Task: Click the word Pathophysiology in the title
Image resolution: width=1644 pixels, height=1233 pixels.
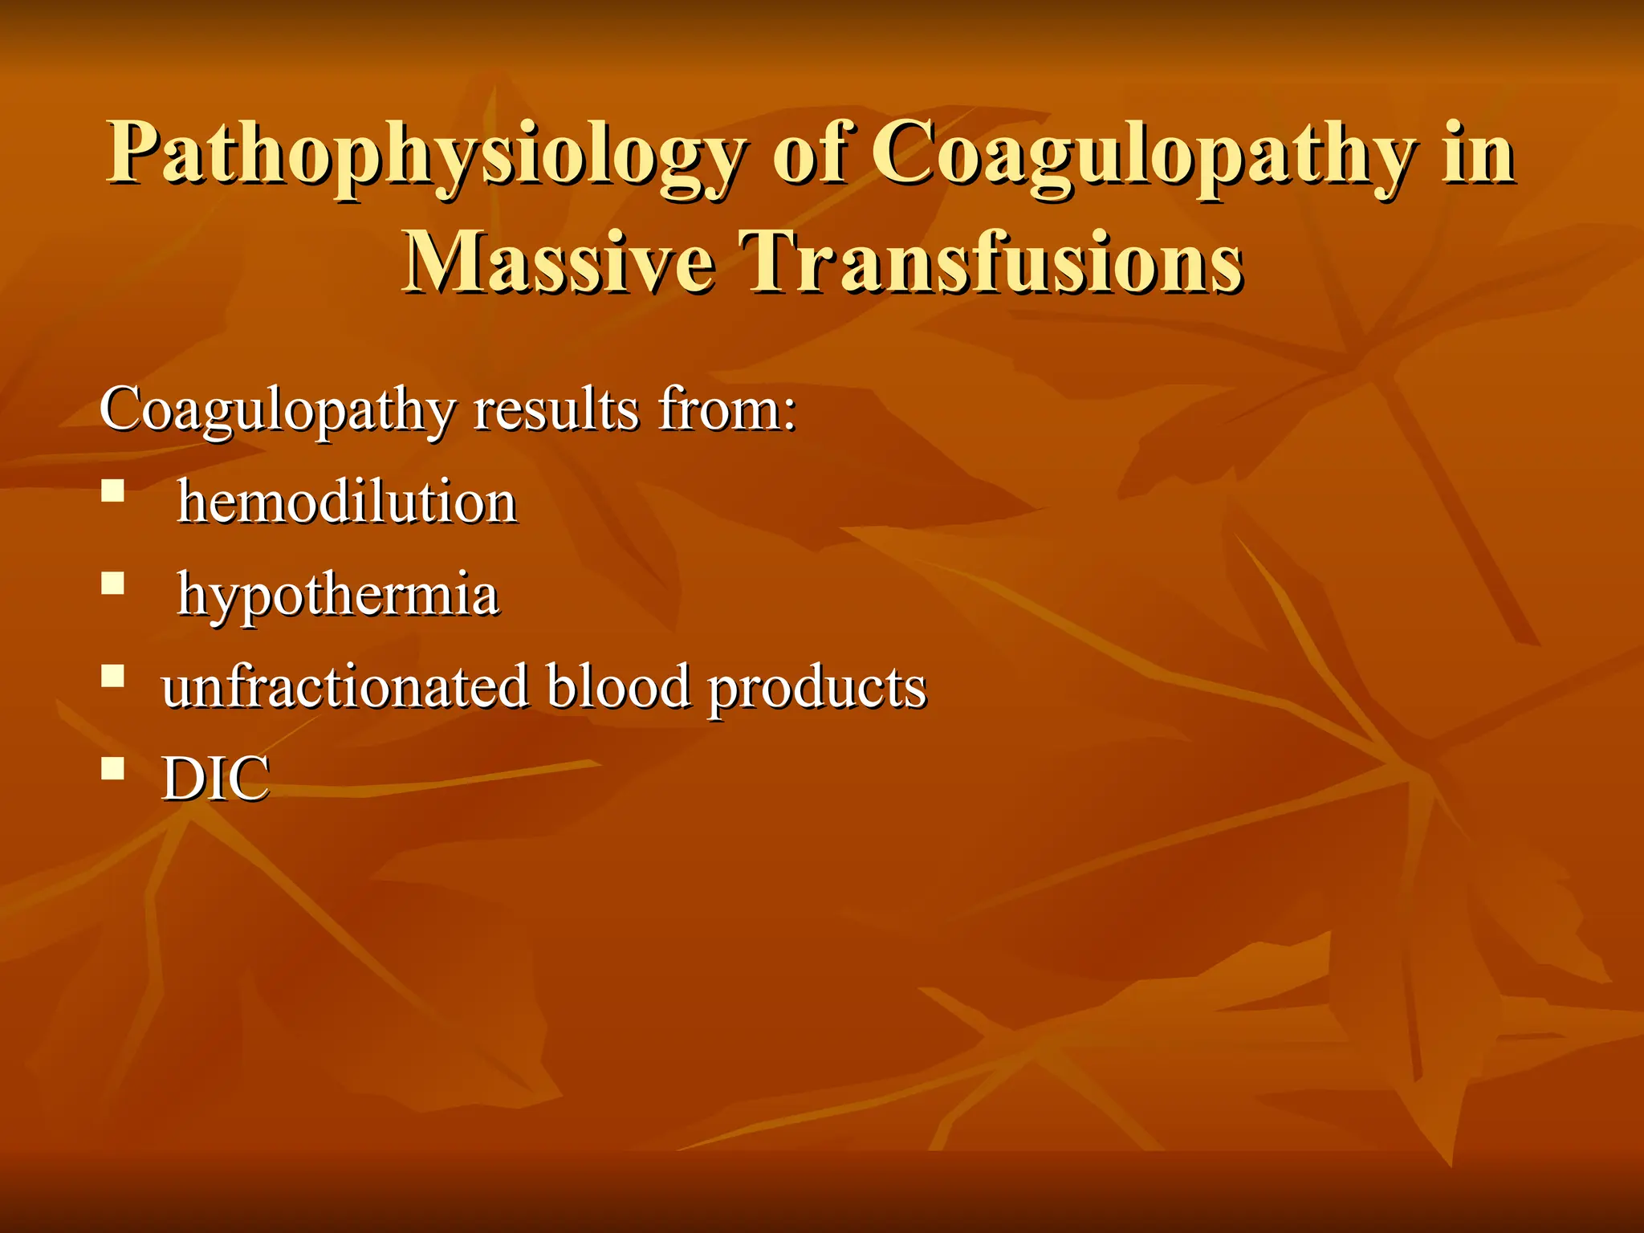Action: point(425,154)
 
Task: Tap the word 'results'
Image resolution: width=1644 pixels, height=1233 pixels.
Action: point(555,409)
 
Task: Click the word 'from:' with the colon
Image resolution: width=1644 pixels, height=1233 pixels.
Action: point(726,409)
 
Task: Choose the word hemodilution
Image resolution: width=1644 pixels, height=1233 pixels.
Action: point(347,503)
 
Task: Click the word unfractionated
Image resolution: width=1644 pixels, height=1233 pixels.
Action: point(345,687)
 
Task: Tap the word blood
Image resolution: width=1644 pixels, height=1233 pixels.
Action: point(618,687)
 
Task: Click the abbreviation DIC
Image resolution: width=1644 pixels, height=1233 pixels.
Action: point(215,779)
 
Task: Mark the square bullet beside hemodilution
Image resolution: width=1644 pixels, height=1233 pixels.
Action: point(113,490)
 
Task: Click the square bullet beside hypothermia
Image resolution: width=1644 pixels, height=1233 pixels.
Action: point(113,583)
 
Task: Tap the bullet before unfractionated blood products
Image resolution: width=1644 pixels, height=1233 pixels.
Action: point(113,676)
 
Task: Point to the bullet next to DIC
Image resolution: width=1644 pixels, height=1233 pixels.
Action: point(113,768)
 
